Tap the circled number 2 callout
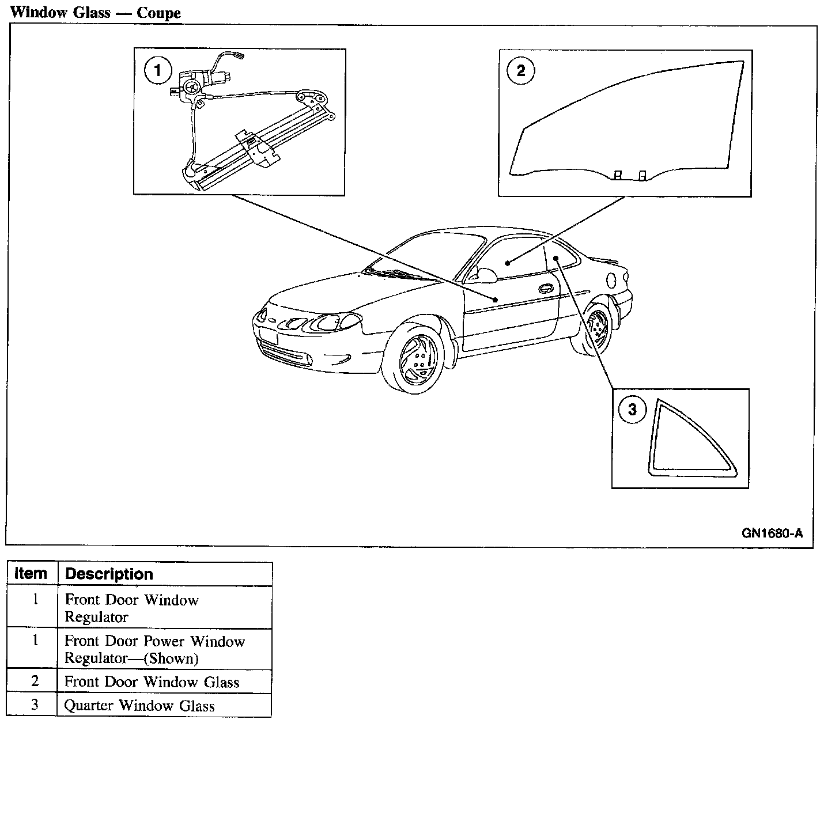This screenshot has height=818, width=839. (520, 71)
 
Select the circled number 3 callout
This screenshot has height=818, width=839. (632, 410)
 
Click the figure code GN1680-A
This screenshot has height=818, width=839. (772, 533)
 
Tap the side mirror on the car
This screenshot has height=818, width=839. (487, 275)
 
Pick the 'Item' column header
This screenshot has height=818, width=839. (31, 574)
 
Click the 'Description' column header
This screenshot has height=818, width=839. (109, 574)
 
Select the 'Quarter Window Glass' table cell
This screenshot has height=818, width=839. (139, 706)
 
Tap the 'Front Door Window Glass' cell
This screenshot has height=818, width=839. (151, 682)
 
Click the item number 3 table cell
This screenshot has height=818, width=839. (35, 705)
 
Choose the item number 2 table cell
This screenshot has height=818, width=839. (35, 681)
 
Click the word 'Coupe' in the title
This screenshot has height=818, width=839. (158, 13)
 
